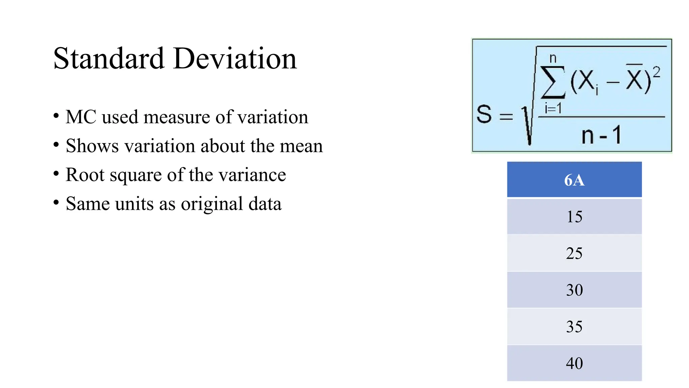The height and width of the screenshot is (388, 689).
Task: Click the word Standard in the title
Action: point(109,59)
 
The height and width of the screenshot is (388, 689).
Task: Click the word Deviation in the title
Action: point(235,59)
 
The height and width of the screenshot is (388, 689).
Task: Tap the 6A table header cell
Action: point(574,180)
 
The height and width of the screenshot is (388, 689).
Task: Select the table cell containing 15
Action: point(574,217)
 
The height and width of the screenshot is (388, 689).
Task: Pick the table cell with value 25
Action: point(574,253)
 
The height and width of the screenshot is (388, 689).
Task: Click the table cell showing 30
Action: point(574,290)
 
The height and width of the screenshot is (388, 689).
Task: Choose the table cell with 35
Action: point(574,327)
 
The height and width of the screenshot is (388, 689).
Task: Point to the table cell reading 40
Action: point(574,363)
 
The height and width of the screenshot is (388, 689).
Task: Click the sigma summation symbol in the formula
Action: point(553,82)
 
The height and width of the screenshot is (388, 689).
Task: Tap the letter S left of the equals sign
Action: point(484,114)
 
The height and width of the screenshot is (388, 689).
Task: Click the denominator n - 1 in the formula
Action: point(601,135)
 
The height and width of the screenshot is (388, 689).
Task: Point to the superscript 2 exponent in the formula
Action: point(656,72)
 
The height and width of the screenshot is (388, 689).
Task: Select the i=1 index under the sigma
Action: point(553,108)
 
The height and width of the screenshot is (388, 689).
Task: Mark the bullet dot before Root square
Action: point(56,174)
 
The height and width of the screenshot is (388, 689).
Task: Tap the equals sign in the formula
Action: point(506,117)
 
